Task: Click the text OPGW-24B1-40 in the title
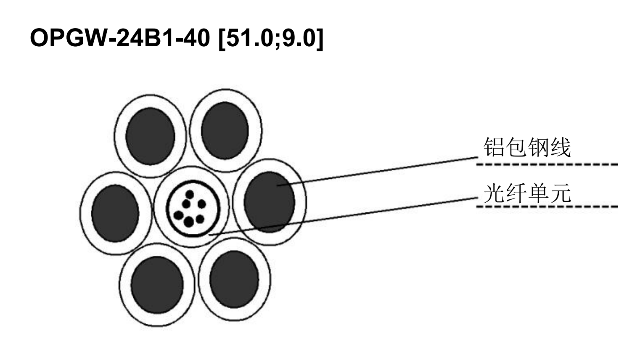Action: coord(120,38)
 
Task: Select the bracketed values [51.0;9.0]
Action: coord(271,39)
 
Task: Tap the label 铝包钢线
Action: coord(527,147)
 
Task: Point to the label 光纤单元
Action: coord(527,193)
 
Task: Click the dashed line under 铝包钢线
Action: coord(547,164)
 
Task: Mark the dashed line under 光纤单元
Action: coord(547,206)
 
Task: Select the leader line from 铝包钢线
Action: coord(378,171)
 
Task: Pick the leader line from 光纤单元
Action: coord(343,216)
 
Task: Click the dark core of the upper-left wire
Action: coord(150,136)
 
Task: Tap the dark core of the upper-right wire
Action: coord(225,130)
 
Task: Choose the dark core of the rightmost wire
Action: coord(269,202)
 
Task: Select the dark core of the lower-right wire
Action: coord(234,279)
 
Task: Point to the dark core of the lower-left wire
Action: coord(157,285)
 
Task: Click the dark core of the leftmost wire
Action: coord(115,213)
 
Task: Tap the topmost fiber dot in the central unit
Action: coord(190,195)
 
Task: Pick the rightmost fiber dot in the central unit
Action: coord(202,204)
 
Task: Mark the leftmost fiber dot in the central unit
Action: coord(179,215)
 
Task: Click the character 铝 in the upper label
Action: coord(494,147)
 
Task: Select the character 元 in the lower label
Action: coord(561,193)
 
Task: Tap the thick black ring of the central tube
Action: coord(193,181)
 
